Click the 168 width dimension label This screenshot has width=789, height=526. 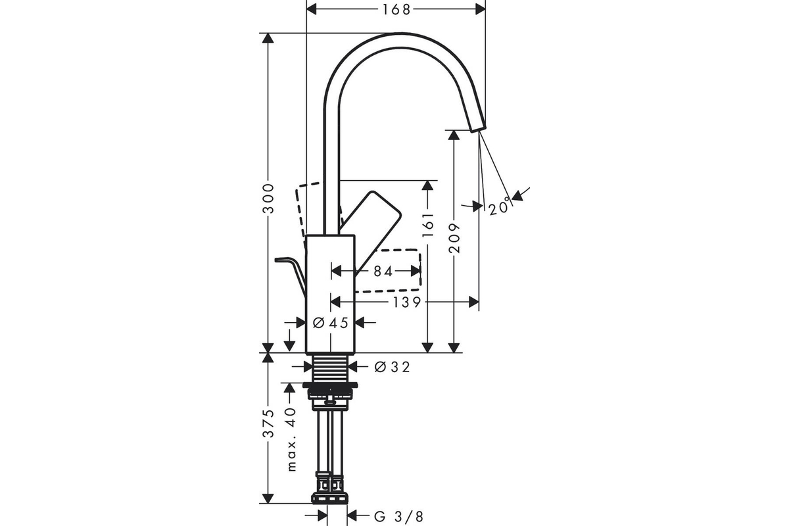click(396, 9)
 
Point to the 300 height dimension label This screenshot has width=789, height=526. click(269, 199)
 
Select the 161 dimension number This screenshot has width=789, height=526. click(427, 225)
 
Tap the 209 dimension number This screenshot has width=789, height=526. click(454, 238)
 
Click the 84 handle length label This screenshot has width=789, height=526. click(383, 272)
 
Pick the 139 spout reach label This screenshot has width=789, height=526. click(406, 302)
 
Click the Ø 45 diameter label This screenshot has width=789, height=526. click(330, 322)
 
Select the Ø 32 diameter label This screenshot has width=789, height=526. click(392, 367)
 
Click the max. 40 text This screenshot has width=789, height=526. click(291, 439)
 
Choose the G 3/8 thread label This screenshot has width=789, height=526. click(398, 517)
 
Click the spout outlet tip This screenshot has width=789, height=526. click(479, 129)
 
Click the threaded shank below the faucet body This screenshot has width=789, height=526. click(330, 368)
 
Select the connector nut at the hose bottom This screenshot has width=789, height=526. click(330, 499)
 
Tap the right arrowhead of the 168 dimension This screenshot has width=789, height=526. click(481, 9)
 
